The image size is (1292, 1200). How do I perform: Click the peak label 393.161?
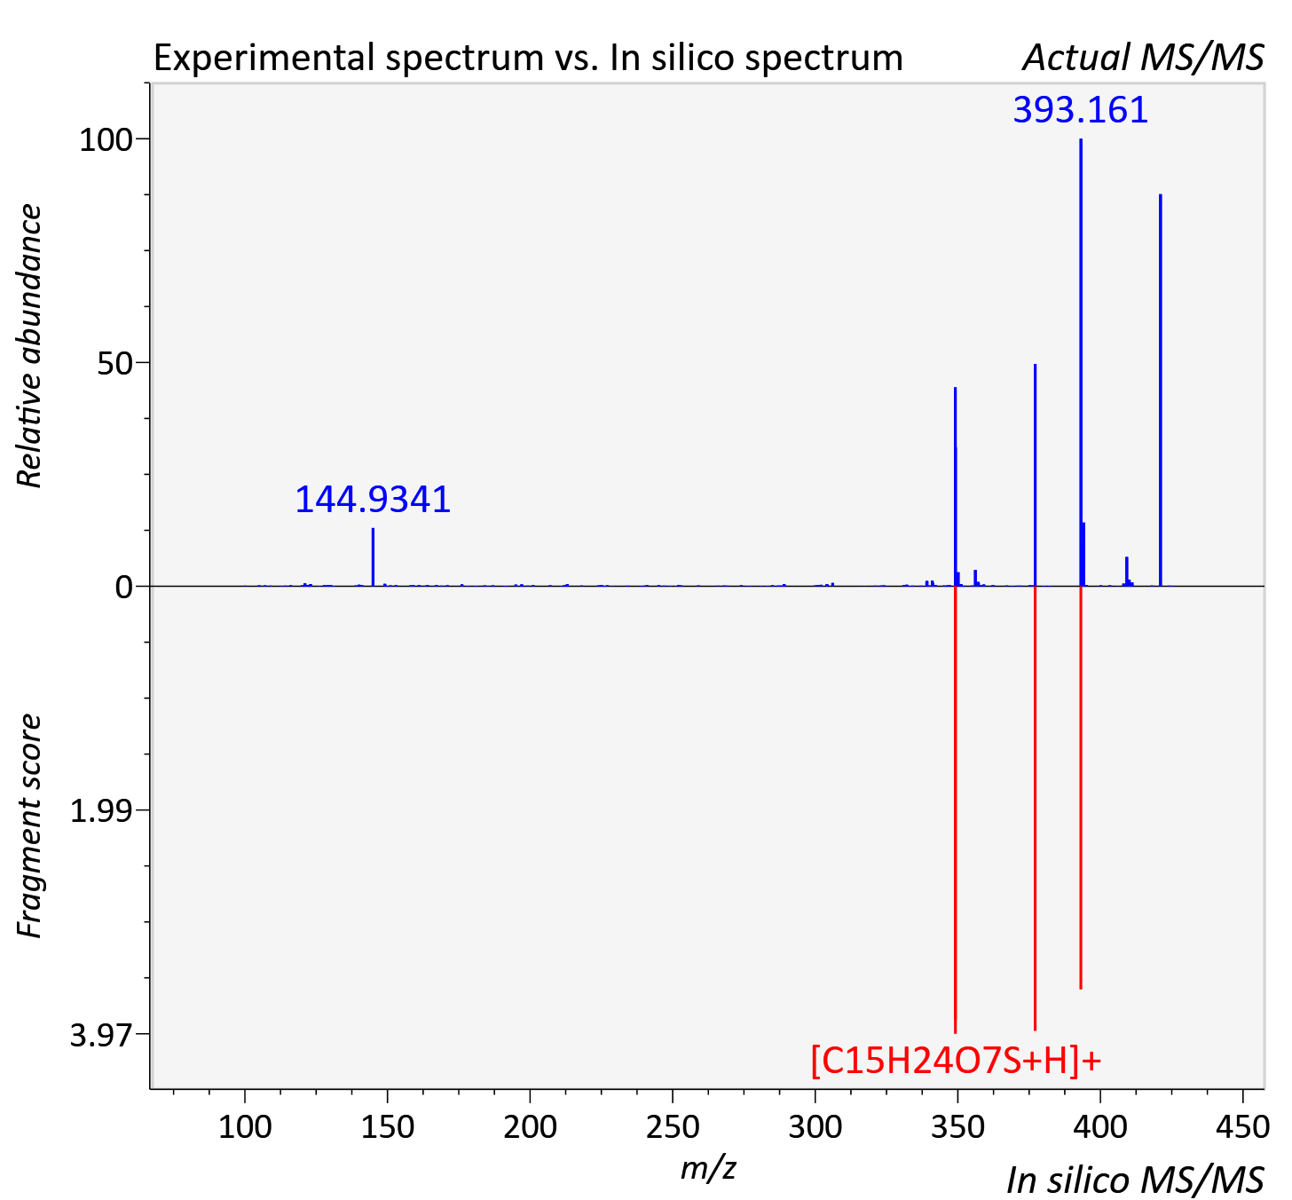[1080, 110]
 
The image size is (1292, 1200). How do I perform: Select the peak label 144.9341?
[373, 500]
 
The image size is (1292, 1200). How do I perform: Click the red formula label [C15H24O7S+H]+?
[957, 1061]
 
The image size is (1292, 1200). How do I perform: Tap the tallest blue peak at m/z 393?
[1081, 362]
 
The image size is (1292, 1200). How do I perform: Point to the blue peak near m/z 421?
[1160, 390]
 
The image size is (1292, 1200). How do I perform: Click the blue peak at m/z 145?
[373, 557]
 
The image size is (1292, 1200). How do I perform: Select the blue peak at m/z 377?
[1035, 475]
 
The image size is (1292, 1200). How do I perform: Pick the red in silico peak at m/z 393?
[1081, 787]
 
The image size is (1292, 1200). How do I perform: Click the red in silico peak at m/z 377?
[1035, 809]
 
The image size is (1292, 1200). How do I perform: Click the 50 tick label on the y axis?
[114, 364]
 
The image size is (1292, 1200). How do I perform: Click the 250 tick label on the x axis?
[673, 1126]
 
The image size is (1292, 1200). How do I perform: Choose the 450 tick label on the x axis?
[1242, 1126]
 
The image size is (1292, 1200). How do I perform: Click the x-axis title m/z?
[708, 1168]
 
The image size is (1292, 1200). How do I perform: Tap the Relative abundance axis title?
[29, 345]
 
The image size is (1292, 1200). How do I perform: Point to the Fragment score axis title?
[29, 826]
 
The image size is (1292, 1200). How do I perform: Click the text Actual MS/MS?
[1144, 58]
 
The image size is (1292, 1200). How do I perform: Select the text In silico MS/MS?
[1135, 1180]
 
